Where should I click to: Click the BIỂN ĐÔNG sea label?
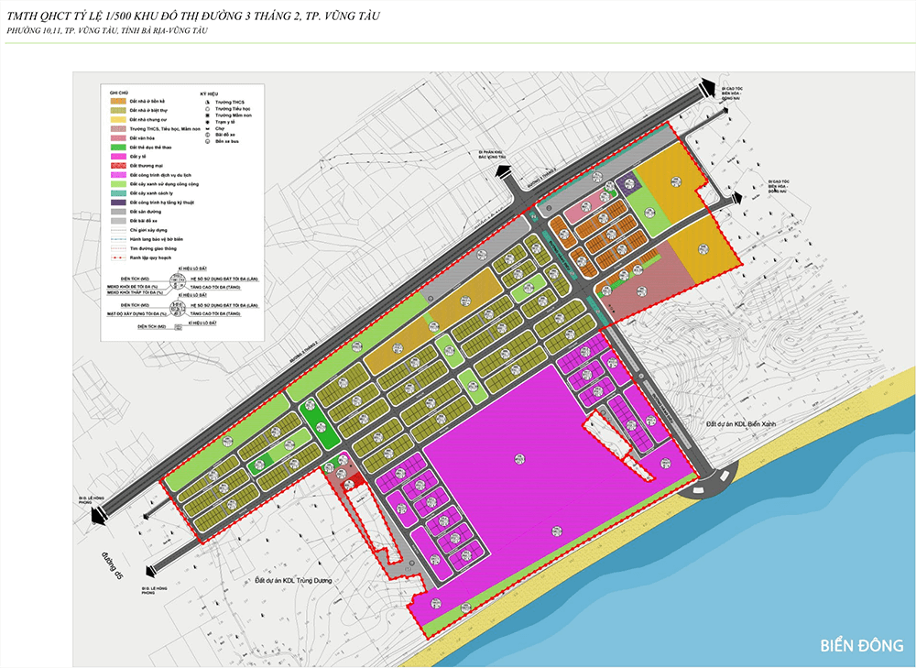point(862,645)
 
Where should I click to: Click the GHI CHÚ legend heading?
point(117,93)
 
